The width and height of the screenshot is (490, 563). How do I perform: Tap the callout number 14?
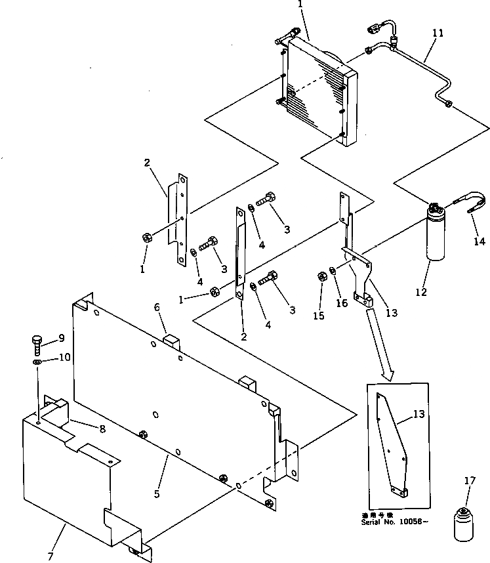481,241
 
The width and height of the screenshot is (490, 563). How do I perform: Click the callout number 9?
61,338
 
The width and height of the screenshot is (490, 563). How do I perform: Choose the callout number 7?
50,557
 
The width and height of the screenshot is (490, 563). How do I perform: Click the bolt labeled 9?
37,343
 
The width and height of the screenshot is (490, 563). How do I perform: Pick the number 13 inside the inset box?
418,415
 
